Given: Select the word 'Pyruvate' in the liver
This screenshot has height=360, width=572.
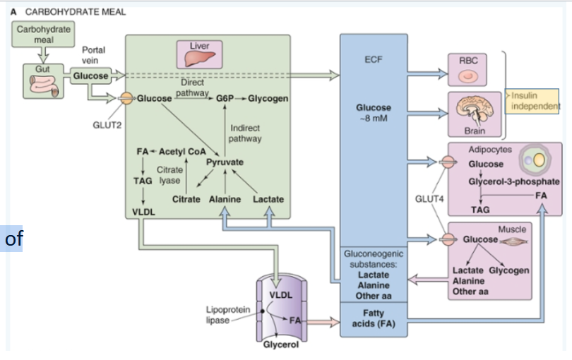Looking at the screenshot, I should pyautogui.click(x=225, y=162).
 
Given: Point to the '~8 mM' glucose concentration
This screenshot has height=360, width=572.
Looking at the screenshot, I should pyautogui.click(x=374, y=118).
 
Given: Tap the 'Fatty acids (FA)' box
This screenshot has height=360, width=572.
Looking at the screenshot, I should pyautogui.click(x=374, y=318).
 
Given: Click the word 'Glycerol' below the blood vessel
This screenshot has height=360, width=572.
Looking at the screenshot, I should pyautogui.click(x=280, y=344).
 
